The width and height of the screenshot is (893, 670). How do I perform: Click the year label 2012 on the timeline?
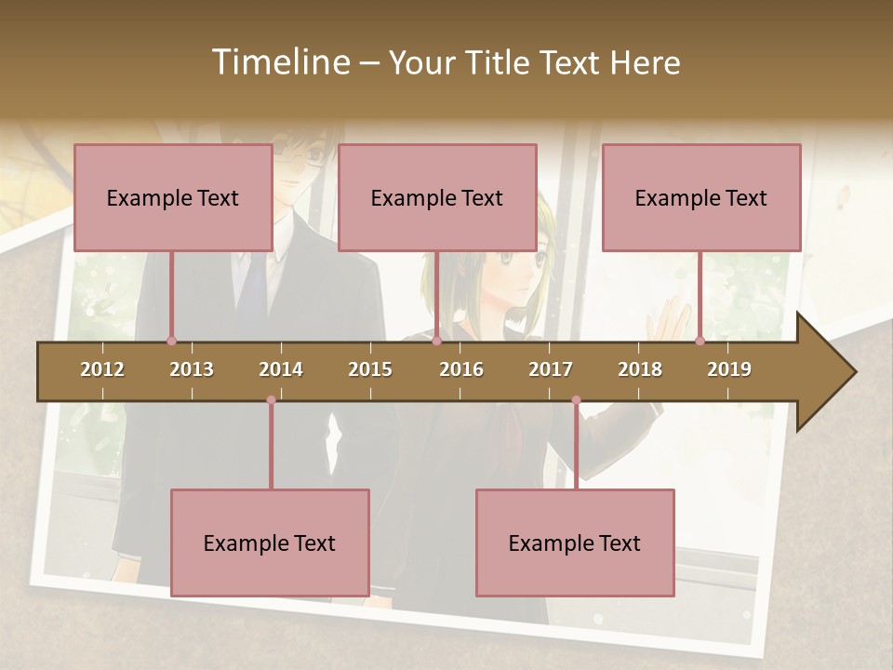click(x=102, y=369)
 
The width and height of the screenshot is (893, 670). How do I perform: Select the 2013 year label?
click(x=192, y=369)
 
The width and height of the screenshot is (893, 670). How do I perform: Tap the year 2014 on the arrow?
click(x=281, y=369)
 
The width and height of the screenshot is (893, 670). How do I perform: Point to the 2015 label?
click(x=370, y=369)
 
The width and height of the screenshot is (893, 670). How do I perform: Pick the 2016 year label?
click(x=461, y=369)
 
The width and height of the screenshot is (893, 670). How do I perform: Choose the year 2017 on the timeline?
click(x=551, y=369)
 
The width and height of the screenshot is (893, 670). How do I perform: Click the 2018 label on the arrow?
click(x=640, y=369)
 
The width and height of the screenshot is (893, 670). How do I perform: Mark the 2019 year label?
click(x=729, y=369)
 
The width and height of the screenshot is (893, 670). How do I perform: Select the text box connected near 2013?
click(x=173, y=197)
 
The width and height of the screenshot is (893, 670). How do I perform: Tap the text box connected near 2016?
click(x=437, y=197)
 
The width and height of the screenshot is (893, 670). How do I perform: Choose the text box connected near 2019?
click(x=701, y=197)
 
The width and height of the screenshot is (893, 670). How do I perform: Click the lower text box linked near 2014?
click(x=270, y=543)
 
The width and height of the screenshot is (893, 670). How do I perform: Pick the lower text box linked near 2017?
click(x=575, y=543)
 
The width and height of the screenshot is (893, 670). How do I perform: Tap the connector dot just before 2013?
click(x=171, y=342)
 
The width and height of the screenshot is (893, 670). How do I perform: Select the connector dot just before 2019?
click(x=700, y=342)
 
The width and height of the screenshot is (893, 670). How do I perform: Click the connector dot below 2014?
click(x=271, y=400)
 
